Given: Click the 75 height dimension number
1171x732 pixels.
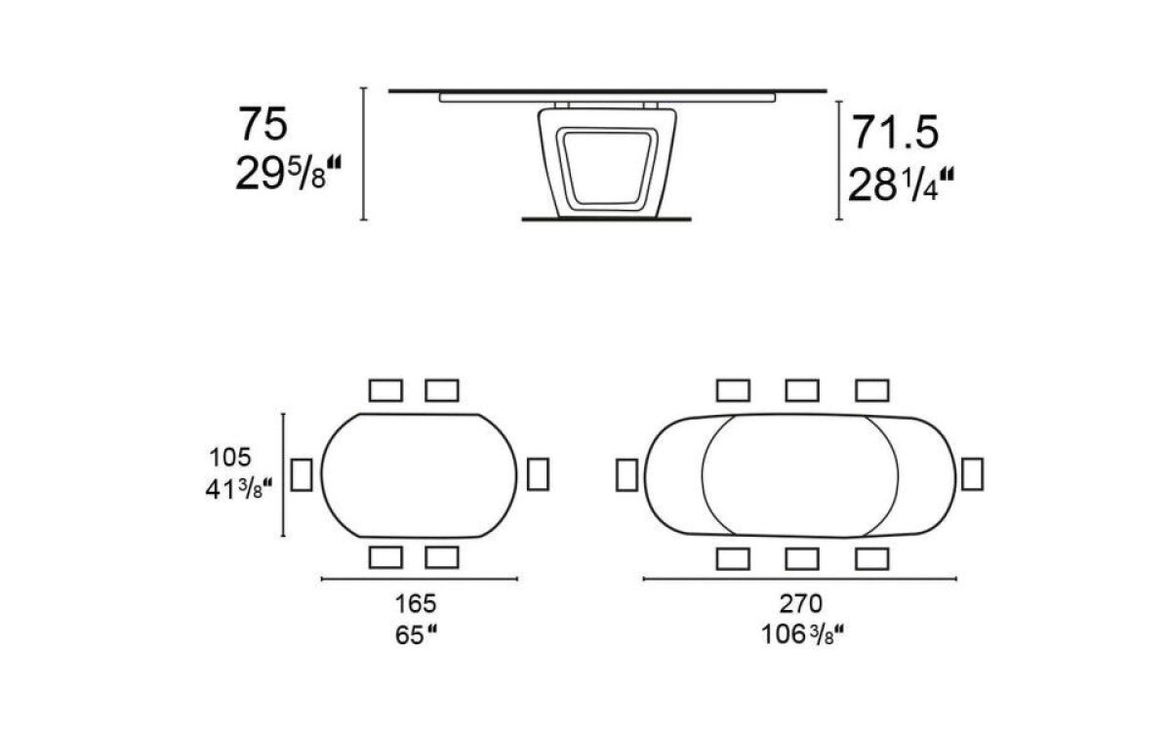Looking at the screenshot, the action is click(x=262, y=124).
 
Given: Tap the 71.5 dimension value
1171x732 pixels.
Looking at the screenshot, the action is click(x=896, y=133).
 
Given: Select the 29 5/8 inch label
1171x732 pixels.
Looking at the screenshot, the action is click(x=288, y=174).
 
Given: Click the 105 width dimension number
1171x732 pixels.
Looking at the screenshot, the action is click(x=230, y=458).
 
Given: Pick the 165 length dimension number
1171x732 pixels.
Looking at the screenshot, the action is click(x=416, y=604).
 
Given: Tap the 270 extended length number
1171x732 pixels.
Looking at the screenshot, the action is click(x=801, y=604).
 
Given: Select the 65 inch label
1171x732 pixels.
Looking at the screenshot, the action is click(x=416, y=635).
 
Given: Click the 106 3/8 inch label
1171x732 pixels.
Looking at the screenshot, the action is click(x=802, y=635).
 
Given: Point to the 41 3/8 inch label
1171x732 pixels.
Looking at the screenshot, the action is click(x=239, y=489).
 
